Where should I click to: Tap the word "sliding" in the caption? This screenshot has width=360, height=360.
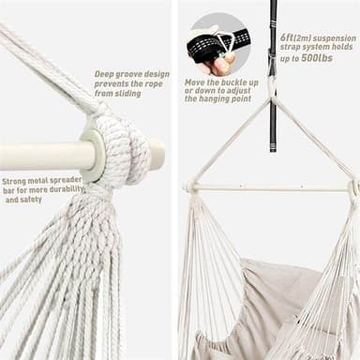(127, 93)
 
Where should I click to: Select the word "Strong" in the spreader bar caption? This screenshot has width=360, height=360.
(14, 182)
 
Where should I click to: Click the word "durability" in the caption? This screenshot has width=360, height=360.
(67, 189)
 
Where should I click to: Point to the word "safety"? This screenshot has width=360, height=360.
(31, 200)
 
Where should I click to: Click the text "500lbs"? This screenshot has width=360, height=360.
(317, 58)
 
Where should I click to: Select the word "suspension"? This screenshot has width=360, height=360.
(335, 38)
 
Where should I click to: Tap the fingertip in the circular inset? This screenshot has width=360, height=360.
(221, 67)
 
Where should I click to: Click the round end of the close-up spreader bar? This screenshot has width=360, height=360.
(157, 155)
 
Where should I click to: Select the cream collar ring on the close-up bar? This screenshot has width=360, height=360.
(93, 156)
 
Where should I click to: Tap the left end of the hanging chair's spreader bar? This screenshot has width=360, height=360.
(187, 187)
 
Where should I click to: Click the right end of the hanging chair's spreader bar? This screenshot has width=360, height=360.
(354, 188)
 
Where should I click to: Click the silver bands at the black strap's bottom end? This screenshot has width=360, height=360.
(274, 146)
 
